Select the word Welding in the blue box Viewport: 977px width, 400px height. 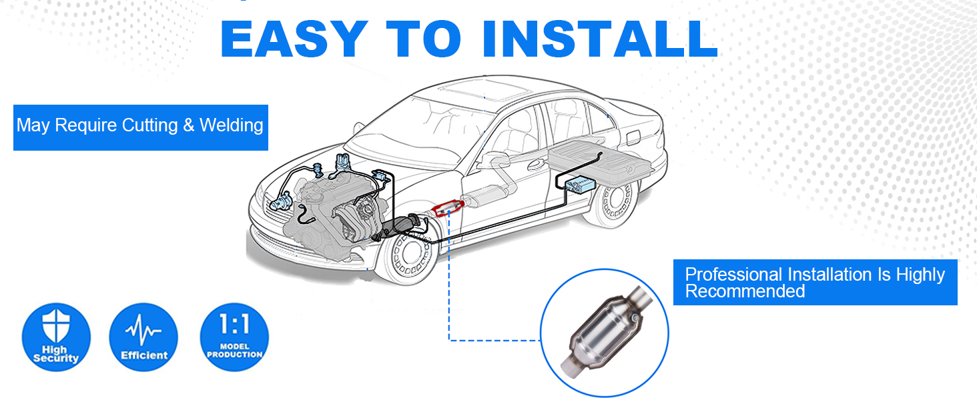(232, 125)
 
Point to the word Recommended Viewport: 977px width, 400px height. (745, 291)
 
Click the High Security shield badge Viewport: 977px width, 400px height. (56, 337)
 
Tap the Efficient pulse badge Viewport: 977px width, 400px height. (143, 337)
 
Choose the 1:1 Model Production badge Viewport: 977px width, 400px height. (234, 337)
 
